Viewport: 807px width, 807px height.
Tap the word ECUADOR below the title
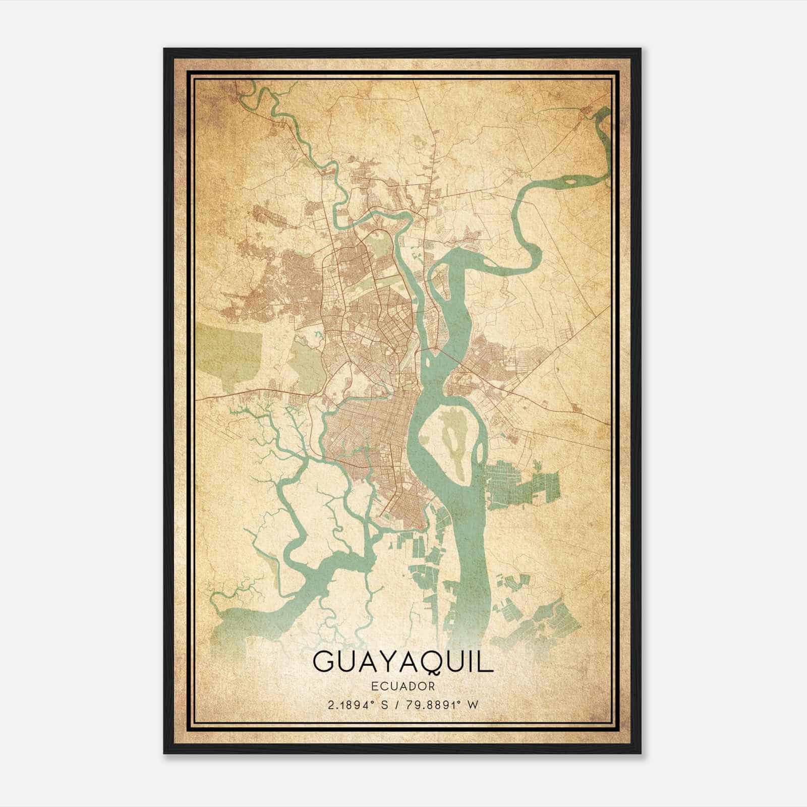403,686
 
